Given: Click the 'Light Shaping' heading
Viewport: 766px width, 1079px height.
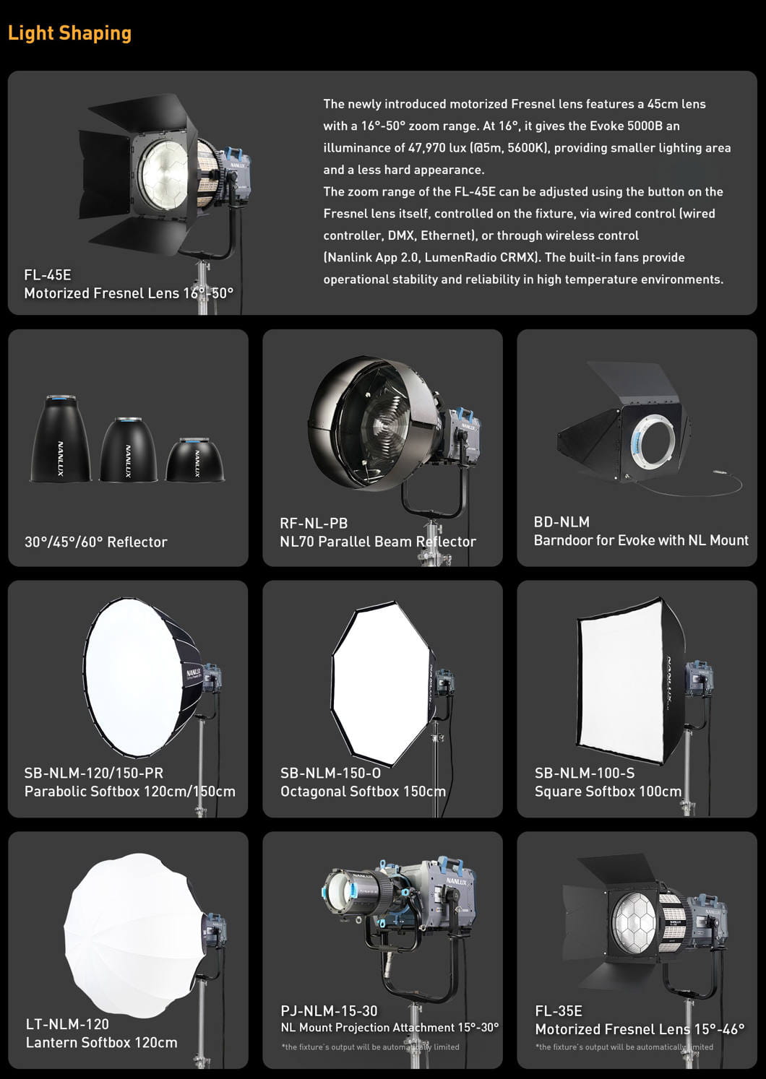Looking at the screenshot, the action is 69,33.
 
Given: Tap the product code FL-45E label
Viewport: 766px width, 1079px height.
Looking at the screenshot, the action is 47,275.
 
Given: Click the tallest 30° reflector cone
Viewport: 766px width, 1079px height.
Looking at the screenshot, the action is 60,438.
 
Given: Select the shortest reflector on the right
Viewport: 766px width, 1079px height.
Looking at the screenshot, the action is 194,459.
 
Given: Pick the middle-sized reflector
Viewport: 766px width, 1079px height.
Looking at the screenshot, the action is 128,449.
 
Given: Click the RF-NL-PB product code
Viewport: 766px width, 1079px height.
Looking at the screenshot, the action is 314,523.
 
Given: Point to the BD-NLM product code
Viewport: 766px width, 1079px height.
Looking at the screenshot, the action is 561,521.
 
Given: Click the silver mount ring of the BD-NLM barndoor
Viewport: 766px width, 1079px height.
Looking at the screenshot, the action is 637,443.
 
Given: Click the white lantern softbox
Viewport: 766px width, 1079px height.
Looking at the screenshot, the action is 132,937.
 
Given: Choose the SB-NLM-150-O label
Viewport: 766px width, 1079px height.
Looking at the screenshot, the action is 330,773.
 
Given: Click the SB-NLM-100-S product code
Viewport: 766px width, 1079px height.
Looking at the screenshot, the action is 585,773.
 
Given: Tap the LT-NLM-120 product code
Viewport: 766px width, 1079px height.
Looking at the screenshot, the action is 67,1024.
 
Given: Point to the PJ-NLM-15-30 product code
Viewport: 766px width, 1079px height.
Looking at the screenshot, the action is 329,1010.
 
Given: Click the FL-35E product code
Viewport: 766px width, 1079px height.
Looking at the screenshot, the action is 558,1010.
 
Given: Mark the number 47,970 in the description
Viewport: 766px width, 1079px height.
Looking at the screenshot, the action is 426,148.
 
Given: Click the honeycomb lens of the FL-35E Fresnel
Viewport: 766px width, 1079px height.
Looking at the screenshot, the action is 634,921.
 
